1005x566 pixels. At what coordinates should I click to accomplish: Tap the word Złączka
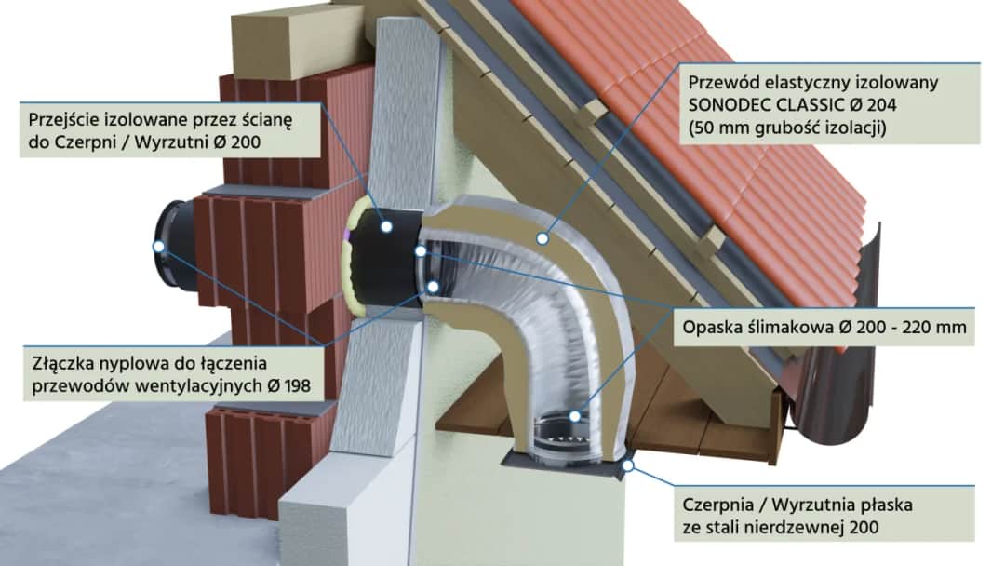pos(59,359)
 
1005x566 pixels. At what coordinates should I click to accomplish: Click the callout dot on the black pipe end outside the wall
pos(159,247)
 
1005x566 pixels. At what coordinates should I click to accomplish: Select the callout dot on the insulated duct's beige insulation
pos(540,238)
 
